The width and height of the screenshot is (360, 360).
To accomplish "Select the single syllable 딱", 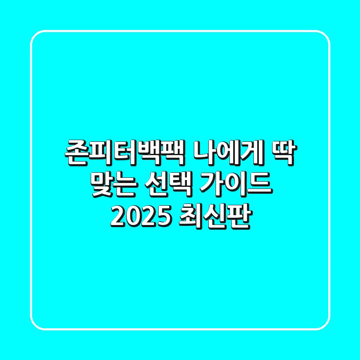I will click(x=283, y=153).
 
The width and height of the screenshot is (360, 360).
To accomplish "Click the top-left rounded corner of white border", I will click(x=36, y=36).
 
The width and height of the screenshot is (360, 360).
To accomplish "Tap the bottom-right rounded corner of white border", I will click(x=324, y=324).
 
